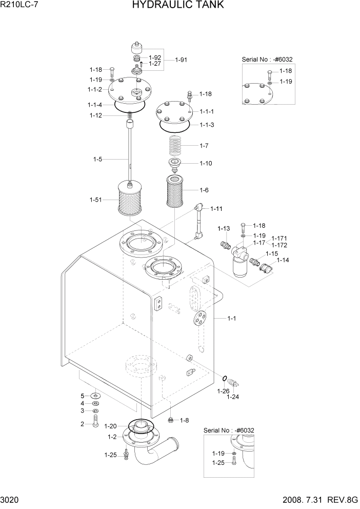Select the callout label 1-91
coord(182,60)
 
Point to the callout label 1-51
coord(95,199)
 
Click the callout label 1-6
coord(204,190)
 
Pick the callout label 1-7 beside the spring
coord(204,146)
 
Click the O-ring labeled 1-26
coord(225,379)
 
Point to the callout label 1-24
coord(233,396)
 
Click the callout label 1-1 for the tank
coord(231,319)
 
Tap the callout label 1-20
coord(110,426)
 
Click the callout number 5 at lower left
coord(82,396)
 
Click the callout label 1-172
coord(279,245)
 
